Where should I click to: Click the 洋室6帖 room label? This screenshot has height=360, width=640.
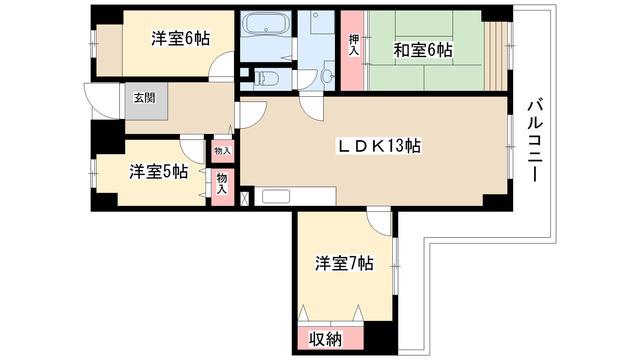tap(180, 39)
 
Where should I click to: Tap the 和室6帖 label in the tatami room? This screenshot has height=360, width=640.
tap(422, 50)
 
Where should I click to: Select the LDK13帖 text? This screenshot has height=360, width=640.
tap(379, 146)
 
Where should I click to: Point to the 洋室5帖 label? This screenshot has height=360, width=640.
tap(159, 172)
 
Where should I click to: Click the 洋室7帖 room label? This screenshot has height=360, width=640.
tap(344, 263)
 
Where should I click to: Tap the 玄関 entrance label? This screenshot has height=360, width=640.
tap(145, 98)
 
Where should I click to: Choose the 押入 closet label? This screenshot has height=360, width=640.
tap(354, 45)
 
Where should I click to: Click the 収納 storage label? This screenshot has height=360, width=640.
tap(325, 339)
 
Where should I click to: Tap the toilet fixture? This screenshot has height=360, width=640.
tap(266, 77)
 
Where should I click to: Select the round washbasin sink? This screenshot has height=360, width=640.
tap(327, 76)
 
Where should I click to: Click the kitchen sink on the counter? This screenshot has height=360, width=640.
tap(276, 196)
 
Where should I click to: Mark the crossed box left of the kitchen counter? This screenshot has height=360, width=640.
tap(244, 199)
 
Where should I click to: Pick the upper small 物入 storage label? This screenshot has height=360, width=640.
tap(223, 151)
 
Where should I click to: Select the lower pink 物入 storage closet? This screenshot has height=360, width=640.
tap(222, 187)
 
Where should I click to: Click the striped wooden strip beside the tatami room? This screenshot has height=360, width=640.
tap(496, 56)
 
